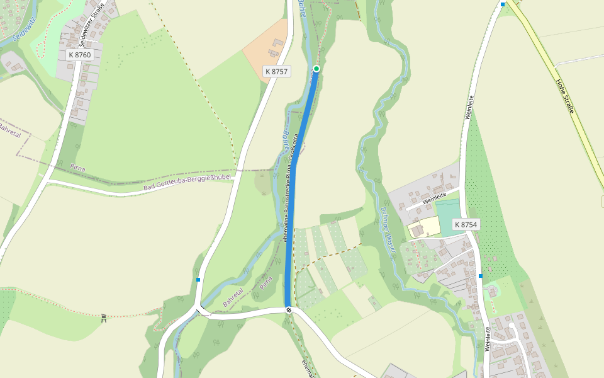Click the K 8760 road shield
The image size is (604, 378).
79,55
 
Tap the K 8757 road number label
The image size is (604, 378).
276,72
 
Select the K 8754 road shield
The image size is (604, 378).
466,225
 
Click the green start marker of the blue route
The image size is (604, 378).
316,69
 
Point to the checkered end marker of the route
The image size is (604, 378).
289,309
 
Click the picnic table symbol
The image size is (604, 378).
104,318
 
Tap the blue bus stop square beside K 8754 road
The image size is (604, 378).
481,276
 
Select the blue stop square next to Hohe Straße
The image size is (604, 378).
503,4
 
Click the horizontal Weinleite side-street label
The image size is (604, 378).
433,200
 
